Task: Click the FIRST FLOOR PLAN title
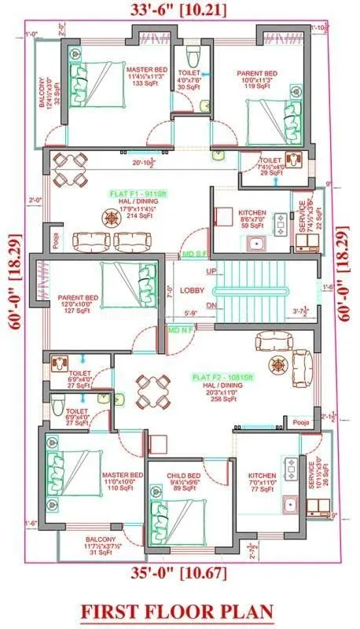click(180, 610)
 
